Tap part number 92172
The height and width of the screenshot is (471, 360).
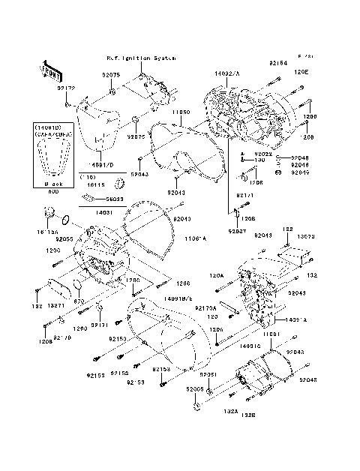coord(66,88)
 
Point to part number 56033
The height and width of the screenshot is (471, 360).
coord(115,199)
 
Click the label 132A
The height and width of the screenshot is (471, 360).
coord(209,411)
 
